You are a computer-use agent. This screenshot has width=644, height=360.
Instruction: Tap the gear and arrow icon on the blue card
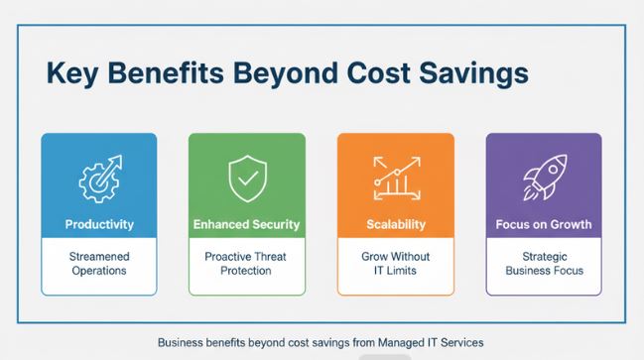[x=98, y=179]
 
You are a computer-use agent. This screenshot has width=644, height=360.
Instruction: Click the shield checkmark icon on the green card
[x=246, y=180]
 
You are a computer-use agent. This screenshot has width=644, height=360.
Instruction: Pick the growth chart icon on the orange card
[x=395, y=179]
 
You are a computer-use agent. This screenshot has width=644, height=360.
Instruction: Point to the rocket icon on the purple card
[x=543, y=179]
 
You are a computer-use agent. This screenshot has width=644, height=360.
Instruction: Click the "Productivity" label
[x=98, y=224]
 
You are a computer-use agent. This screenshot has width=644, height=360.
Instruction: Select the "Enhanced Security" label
[x=246, y=224]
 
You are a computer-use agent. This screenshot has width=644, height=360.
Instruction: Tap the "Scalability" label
[x=395, y=224]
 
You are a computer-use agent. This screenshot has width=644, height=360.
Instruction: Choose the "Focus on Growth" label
[x=543, y=224]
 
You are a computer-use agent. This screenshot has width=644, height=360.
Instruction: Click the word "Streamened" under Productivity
[x=98, y=256]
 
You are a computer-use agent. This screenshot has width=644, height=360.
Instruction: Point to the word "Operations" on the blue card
[x=98, y=271]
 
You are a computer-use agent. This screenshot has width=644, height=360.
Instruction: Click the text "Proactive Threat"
[x=246, y=256]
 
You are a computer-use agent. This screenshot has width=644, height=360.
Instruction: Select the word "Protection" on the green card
[x=246, y=271]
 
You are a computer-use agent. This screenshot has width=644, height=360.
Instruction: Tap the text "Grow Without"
[x=395, y=256]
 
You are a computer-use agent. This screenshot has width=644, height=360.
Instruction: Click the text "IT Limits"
[x=395, y=271]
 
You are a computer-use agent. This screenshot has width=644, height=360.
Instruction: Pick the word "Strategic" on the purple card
[x=543, y=256]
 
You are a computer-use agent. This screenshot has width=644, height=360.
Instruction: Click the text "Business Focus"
[x=543, y=271]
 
